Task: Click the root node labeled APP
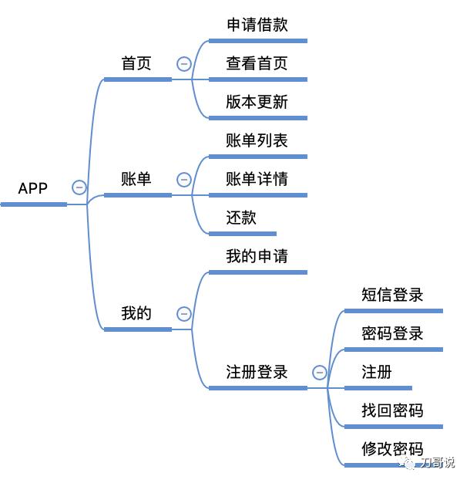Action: click(x=33, y=188)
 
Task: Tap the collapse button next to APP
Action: click(x=79, y=187)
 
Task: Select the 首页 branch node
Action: click(x=136, y=63)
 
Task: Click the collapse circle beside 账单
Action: click(x=184, y=180)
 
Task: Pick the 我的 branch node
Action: click(x=136, y=313)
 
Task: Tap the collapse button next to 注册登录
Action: click(x=320, y=373)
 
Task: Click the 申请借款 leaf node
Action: click(x=257, y=25)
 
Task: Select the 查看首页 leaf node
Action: click(x=257, y=63)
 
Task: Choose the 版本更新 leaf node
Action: click(x=257, y=103)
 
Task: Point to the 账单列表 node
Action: click(x=257, y=141)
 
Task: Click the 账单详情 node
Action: click(x=257, y=180)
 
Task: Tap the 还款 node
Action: click(x=241, y=218)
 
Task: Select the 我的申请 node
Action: click(x=257, y=256)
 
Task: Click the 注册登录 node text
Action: click(x=257, y=372)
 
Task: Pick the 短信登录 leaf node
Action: click(x=392, y=295)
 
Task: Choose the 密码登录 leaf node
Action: click(x=392, y=333)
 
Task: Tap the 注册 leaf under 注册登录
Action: click(x=377, y=372)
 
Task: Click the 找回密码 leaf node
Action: click(x=392, y=410)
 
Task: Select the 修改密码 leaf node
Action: click(x=392, y=449)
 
